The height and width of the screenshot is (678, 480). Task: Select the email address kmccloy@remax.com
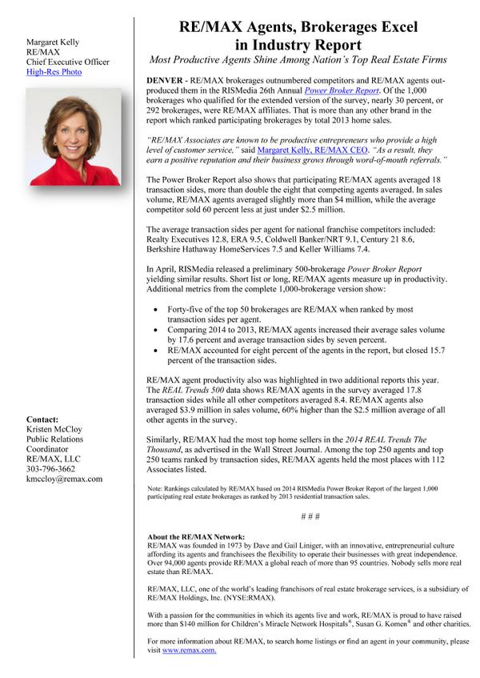click(64, 479)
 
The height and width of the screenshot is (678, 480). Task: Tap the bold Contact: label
click(42, 419)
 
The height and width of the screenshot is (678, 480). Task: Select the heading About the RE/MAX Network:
click(196, 536)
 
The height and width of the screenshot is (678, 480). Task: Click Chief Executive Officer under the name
click(68, 62)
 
